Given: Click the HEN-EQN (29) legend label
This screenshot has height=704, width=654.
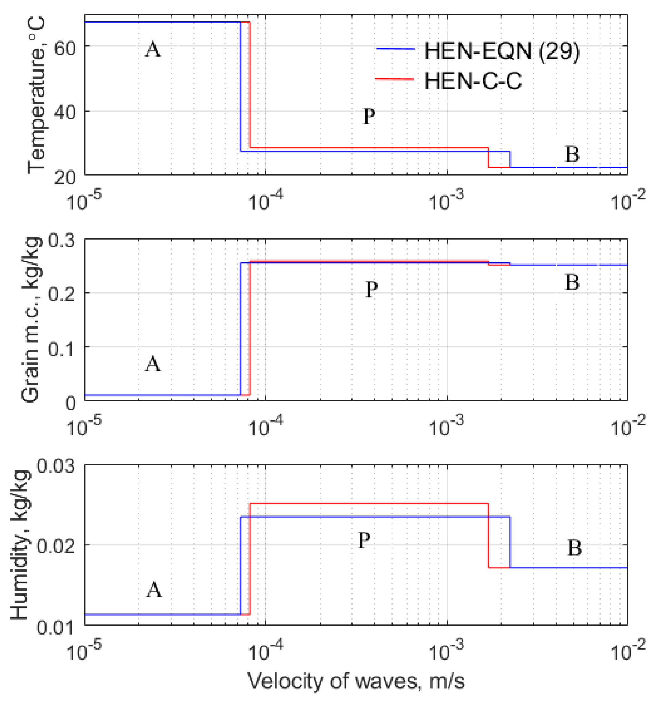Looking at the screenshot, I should pos(502,51).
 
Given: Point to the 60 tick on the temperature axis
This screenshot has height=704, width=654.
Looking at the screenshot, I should pos(65,47).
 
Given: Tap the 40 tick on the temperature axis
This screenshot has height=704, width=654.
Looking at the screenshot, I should pos(65,112).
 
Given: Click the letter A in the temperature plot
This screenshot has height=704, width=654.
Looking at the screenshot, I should pos(153,49).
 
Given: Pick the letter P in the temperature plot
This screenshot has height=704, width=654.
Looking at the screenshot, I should pos(369,116).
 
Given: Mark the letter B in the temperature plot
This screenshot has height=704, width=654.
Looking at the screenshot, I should pos(572,154).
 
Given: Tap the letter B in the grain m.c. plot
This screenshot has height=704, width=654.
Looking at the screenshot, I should pos(572,282).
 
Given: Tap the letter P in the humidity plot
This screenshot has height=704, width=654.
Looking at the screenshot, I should pos(364,540).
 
